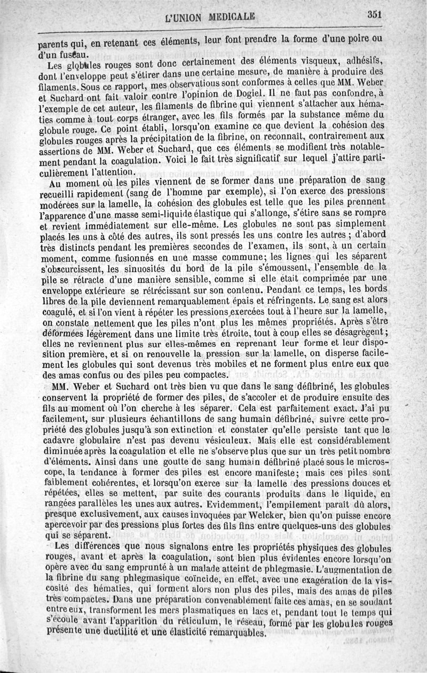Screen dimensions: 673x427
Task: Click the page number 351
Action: pos(377,14)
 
